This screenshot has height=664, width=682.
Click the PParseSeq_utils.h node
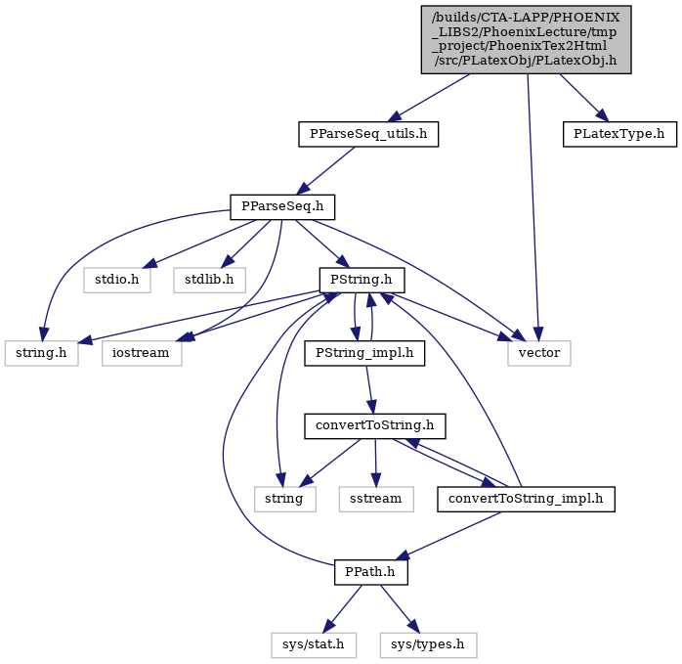point(368,134)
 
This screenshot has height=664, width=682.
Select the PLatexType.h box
point(619,134)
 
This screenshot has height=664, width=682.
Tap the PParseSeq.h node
point(282,206)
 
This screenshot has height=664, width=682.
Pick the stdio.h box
point(117,280)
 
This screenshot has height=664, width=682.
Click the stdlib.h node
point(209,280)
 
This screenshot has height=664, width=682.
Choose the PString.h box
point(362,280)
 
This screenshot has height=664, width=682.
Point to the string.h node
point(42,353)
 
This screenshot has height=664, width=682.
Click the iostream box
point(142,353)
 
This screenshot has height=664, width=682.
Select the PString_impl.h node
point(364,353)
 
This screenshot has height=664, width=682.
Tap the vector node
point(539,353)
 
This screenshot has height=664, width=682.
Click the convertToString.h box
point(375,425)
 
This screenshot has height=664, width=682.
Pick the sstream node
point(376,499)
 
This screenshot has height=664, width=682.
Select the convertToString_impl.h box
point(526,499)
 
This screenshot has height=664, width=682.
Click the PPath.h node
point(371,572)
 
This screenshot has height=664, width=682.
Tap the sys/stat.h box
point(314,644)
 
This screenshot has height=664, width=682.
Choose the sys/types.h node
point(428,644)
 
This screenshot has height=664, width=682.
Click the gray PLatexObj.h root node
point(526,40)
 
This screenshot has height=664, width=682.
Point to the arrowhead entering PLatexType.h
point(603,115)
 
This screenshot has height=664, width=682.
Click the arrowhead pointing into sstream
point(376,480)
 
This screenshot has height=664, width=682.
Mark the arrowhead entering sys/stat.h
point(328,627)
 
